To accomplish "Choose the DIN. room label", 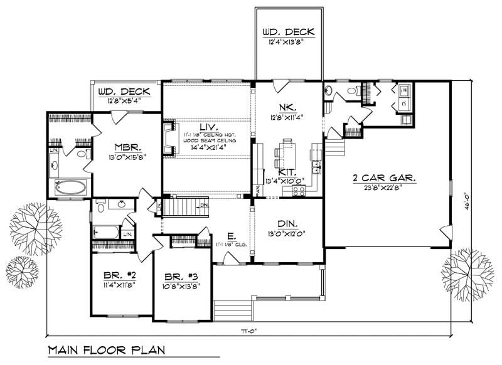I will pos(286,223).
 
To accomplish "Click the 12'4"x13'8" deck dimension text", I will pos(285,41).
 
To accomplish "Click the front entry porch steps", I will pos(233,309).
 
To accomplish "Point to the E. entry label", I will pos(232,236).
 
